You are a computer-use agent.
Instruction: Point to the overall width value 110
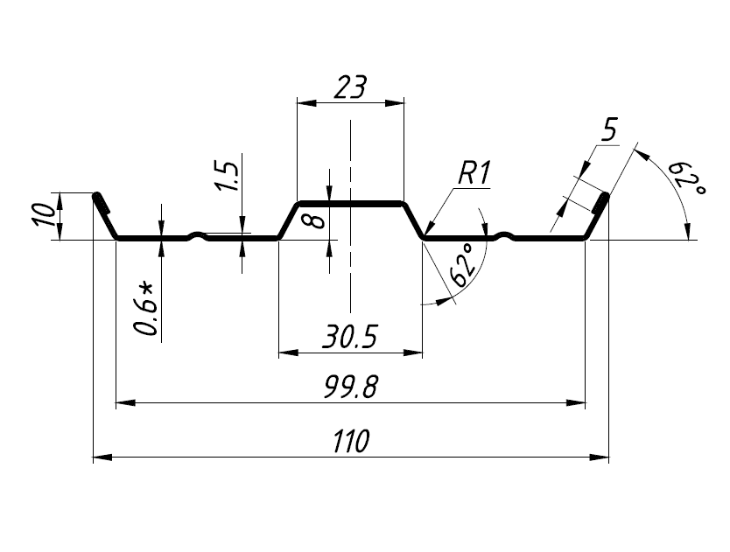351,441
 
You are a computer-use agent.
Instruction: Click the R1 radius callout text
474,174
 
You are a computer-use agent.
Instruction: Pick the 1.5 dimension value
226,177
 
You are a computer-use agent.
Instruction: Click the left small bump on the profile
200,234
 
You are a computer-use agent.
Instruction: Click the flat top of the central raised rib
350,203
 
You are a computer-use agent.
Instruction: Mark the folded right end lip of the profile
600,204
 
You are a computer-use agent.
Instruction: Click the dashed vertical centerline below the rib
349,280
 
